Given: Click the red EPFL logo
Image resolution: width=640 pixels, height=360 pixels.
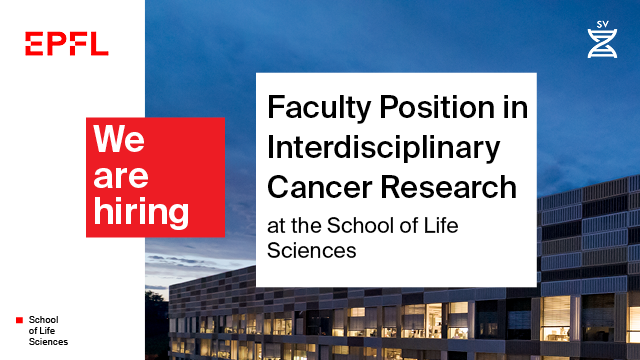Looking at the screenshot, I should (67, 43).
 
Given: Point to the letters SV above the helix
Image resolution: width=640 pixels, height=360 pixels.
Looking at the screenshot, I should (601, 22).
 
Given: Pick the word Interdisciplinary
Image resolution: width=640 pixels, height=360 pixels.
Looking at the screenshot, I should (383, 147).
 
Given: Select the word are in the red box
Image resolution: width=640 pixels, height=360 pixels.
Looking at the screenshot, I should (120, 176).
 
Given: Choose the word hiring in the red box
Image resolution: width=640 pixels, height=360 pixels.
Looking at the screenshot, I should (140, 211).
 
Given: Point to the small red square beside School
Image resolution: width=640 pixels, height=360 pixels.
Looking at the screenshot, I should (18, 320).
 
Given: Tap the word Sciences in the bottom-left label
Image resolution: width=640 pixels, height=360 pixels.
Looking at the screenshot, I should (48, 342).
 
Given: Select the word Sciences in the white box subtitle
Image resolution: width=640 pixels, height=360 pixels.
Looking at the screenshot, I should (311, 250).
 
